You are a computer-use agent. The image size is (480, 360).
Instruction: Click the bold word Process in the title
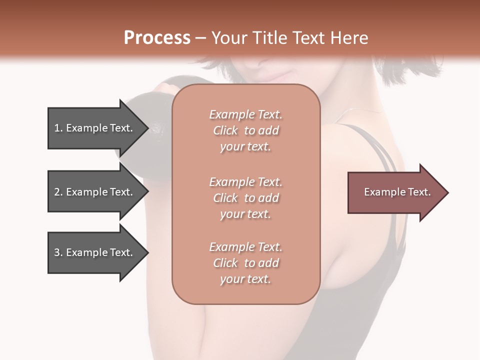[157, 38]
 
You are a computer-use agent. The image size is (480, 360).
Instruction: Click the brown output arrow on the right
[395, 192]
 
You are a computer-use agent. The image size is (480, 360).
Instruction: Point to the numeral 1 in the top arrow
[57, 128]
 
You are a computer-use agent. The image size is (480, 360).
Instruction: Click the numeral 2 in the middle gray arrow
[57, 192]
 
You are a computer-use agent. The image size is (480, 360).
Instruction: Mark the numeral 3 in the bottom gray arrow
[57, 252]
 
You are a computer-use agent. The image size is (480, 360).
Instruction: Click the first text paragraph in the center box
[245, 130]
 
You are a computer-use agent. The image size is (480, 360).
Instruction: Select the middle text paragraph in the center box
[245, 197]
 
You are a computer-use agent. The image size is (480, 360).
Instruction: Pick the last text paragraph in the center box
[245, 263]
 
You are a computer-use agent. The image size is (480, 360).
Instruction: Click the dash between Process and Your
[201, 38]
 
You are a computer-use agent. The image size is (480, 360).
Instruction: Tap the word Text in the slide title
[308, 38]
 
